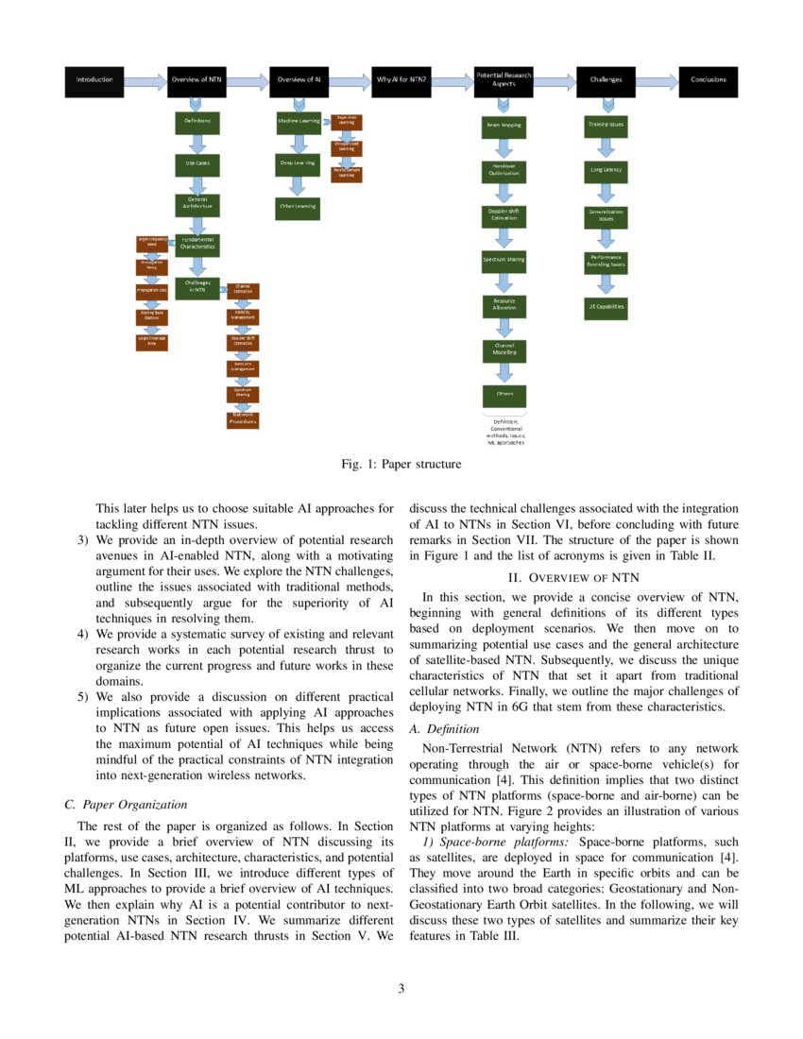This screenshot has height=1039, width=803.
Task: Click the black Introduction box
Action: (94, 80)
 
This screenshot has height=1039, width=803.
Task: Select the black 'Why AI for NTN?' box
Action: (401, 80)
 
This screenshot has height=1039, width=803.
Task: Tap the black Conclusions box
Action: (709, 80)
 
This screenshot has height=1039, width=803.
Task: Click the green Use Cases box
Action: (197, 165)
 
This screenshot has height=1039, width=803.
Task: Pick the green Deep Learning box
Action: (298, 163)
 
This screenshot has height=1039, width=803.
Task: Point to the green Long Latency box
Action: (606, 171)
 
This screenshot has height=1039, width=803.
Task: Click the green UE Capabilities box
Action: (606, 307)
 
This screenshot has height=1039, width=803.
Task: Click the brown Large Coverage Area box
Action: (151, 342)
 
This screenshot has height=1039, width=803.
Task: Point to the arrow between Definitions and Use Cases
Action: (197, 144)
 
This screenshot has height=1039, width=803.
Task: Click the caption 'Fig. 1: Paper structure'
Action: (401, 464)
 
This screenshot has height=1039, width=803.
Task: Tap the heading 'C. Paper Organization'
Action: (126, 805)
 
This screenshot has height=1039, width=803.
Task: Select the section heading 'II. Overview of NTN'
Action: (574, 577)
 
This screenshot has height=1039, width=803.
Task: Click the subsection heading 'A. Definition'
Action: (443, 728)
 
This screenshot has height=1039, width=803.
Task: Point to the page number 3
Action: (401, 989)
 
